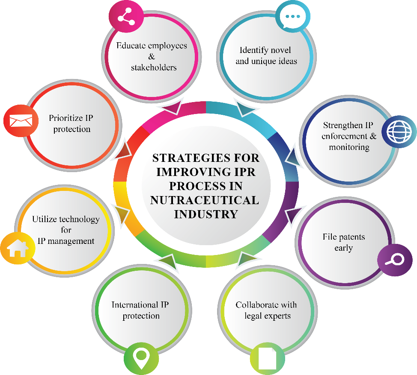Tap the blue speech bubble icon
click(x=292, y=17)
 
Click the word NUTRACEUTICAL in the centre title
click(x=204, y=200)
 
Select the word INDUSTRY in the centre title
click(x=206, y=214)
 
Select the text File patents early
click(x=343, y=242)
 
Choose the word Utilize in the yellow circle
click(x=45, y=220)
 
